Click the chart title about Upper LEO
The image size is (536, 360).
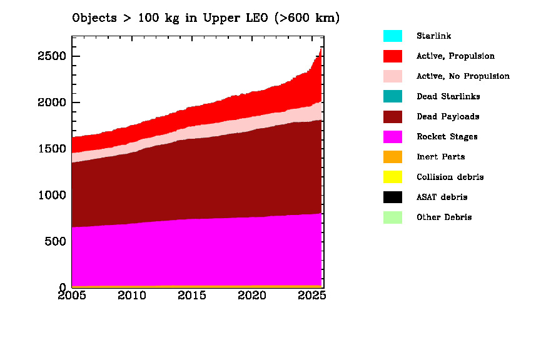pyautogui.click(x=206, y=17)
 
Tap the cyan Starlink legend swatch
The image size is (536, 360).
pyautogui.click(x=392, y=36)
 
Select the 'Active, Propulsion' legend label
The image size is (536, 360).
pyautogui.click(x=455, y=56)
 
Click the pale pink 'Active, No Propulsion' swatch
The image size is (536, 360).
pyautogui.click(x=392, y=76)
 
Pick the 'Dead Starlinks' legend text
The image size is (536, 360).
pyautogui.click(x=448, y=96)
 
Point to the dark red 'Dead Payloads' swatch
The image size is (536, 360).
pyautogui.click(x=392, y=116)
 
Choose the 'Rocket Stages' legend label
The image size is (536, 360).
pyautogui.click(x=447, y=137)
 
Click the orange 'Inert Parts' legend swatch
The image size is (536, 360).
pyautogui.click(x=392, y=157)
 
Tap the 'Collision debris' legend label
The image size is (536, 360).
pyautogui.click(x=450, y=177)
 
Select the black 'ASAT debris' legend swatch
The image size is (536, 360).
pyautogui.click(x=392, y=197)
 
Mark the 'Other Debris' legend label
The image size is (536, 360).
pyautogui.click(x=444, y=217)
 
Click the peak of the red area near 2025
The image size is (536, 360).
pyautogui.click(x=321, y=49)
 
